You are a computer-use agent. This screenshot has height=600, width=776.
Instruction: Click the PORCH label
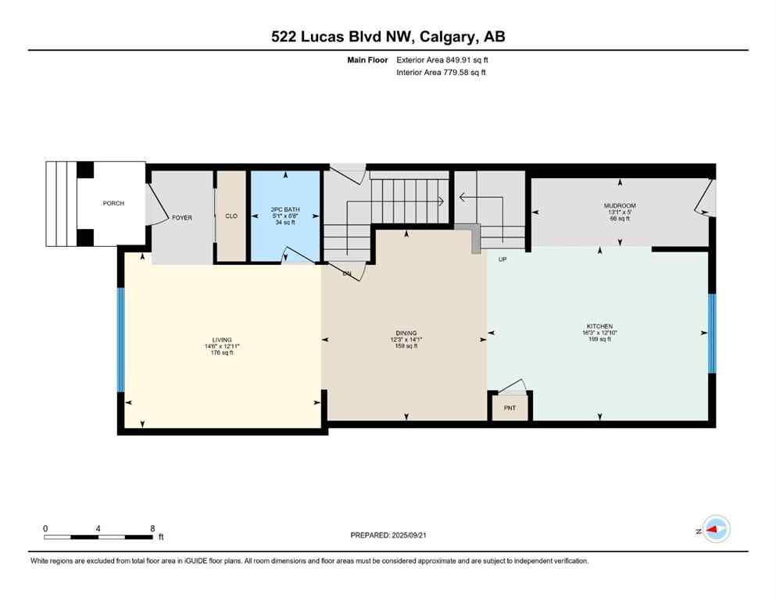[x=113, y=204]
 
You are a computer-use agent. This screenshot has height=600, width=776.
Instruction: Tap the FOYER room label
[x=182, y=218]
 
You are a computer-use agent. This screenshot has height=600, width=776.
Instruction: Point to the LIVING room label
[x=222, y=340]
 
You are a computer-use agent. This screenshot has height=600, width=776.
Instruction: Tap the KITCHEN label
[x=599, y=327]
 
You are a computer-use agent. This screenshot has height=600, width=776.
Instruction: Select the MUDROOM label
[x=620, y=206]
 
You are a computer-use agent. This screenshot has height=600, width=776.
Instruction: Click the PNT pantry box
[x=510, y=408]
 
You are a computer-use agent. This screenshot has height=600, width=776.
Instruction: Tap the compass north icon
[x=715, y=530]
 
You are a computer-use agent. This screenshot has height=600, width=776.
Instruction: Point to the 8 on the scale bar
[x=152, y=528]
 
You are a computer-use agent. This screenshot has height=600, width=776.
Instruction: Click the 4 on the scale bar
[x=98, y=528]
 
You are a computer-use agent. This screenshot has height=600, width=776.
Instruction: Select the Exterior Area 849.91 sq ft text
[x=447, y=60]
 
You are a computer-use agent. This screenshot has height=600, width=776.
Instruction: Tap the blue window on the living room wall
[x=121, y=340]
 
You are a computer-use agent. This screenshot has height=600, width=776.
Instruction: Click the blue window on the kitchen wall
[x=712, y=334]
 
